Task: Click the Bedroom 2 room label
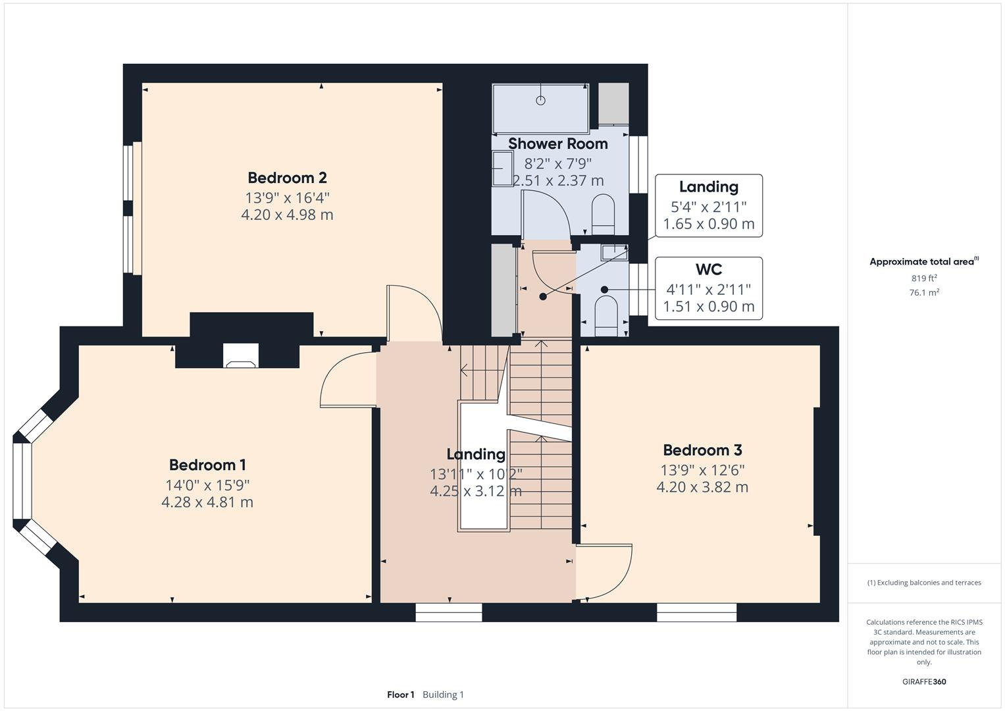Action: point(287,178)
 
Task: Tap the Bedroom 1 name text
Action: point(207,465)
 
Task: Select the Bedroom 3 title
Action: point(702,450)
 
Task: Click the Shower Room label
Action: point(557,144)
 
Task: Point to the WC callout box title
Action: point(708,269)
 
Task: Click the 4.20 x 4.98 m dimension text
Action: point(287,215)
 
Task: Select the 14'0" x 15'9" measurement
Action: point(207,485)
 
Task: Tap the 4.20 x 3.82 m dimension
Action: point(702,487)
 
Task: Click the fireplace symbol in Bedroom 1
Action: point(240,356)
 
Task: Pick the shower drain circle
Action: point(541,100)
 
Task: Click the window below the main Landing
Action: point(449,613)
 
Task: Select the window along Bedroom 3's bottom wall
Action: point(696,613)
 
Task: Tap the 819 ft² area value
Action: point(923,278)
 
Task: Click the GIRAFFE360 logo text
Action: point(923,681)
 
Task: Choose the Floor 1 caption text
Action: point(400,695)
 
